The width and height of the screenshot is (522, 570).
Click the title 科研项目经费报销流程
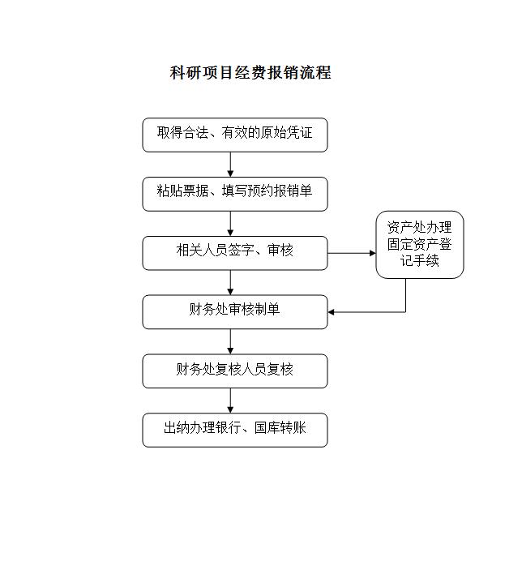250,73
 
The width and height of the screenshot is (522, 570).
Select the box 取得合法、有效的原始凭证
235,135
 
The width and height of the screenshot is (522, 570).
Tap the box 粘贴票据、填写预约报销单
235,194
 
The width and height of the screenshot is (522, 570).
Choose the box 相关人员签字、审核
235,253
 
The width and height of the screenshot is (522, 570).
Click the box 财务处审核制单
235,312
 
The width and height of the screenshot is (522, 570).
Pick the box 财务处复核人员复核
235,371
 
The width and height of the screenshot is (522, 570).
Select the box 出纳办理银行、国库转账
235,430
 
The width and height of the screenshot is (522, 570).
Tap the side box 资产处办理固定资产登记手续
420,245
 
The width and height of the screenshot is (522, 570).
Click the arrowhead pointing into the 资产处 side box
373,253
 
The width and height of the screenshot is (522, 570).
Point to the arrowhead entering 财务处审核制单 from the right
331,312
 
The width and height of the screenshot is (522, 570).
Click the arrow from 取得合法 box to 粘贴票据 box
230,165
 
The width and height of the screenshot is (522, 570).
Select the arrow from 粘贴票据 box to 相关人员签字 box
230,224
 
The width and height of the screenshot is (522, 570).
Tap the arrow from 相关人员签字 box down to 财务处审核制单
230,282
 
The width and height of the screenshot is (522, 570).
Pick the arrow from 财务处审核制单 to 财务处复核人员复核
230,341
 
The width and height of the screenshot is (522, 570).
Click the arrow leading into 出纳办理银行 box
230,401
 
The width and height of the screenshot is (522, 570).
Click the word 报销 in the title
283,73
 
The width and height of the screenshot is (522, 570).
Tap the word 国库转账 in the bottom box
280,428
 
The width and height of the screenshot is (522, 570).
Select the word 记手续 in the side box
420,260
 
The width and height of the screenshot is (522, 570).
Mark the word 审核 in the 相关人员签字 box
280,250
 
